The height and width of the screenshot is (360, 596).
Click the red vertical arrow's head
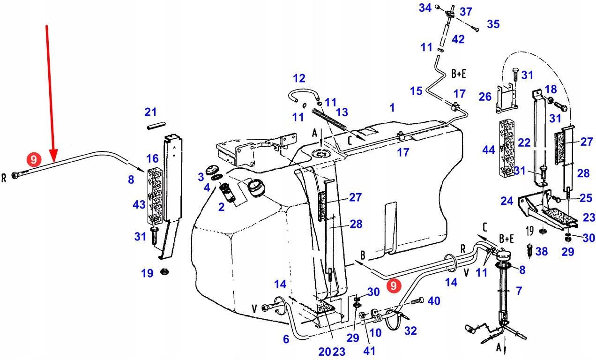54,157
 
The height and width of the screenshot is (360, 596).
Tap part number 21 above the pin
150,112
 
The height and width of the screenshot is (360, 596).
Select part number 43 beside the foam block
139,205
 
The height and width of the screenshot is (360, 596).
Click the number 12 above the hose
299,78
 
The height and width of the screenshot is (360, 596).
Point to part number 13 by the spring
342,112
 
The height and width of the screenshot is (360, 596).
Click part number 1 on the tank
392,108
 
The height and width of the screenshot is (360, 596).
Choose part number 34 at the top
425,7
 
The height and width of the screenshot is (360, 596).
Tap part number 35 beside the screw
493,24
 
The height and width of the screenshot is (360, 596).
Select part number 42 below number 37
458,39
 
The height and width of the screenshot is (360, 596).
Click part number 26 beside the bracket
484,97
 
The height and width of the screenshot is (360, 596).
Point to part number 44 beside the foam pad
488,150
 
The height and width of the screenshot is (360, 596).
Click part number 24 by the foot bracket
507,201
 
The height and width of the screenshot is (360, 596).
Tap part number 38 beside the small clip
541,252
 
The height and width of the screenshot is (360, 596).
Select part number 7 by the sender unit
519,291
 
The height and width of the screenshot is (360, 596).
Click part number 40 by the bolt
433,300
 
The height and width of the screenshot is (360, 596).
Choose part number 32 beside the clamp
410,331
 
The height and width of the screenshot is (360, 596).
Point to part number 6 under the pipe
286,339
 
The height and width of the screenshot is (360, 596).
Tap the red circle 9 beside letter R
33,160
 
